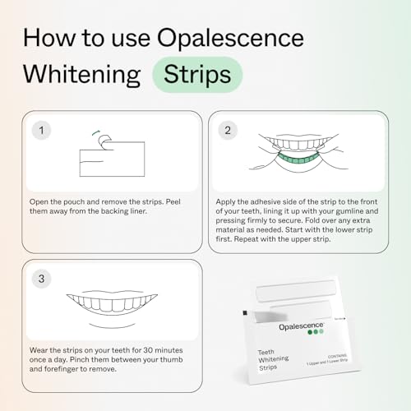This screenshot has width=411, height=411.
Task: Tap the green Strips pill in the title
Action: (x=197, y=74)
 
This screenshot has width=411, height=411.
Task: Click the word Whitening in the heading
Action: (x=83, y=74)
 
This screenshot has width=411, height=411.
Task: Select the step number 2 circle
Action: (x=227, y=130)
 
